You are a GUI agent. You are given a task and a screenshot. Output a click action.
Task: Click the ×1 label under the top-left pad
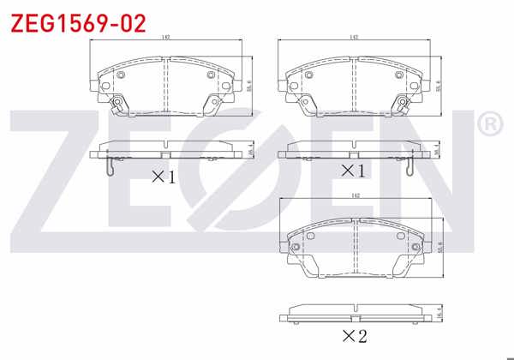[163, 177]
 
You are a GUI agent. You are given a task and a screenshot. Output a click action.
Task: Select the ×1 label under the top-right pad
[354, 171]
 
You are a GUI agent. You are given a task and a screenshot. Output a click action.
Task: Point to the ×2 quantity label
[354, 335]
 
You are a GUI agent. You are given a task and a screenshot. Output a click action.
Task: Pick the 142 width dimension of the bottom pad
[355, 197]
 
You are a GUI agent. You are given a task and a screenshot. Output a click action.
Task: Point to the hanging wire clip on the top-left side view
[108, 168]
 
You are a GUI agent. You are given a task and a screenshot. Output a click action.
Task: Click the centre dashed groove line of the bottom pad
[355, 249]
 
